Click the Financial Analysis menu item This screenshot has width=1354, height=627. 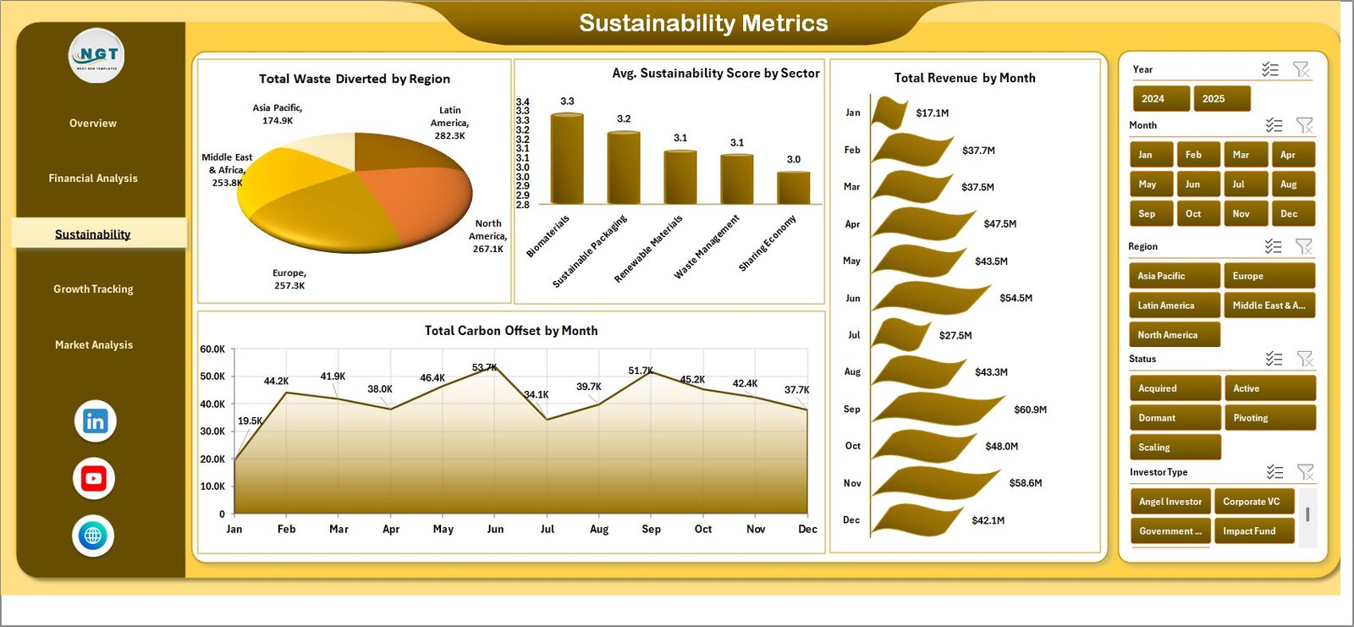pyautogui.click(x=93, y=179)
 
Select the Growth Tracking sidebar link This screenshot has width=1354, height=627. pyautogui.click(x=93, y=289)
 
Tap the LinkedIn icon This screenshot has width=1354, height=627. pyautogui.click(x=95, y=421)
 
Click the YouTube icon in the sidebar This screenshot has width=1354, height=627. pyautogui.click(x=94, y=479)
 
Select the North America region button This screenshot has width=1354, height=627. pyautogui.click(x=1174, y=335)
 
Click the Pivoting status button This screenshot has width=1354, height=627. pyautogui.click(x=1269, y=418)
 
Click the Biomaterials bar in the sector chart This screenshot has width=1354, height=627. pyautogui.click(x=567, y=159)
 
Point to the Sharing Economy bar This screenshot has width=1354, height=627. pyautogui.click(x=793, y=187)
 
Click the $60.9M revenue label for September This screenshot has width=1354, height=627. pyautogui.click(x=1030, y=410)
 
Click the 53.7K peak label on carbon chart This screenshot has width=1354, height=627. pyautogui.click(x=485, y=367)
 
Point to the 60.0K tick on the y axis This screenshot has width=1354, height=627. pyautogui.click(x=212, y=349)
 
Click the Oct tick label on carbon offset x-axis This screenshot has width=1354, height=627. pyautogui.click(x=703, y=529)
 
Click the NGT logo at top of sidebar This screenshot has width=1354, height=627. pyautogui.click(x=96, y=56)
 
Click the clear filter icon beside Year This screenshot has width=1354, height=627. pyautogui.click(x=1301, y=69)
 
